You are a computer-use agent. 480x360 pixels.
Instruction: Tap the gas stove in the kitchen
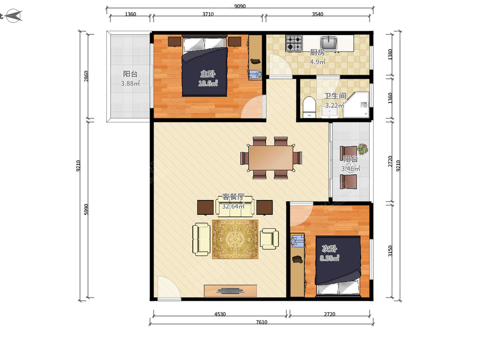point(294,43)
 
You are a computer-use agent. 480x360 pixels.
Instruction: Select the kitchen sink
point(328,43)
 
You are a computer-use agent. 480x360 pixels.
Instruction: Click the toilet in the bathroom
point(309,107)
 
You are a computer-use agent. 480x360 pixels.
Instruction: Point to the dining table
point(271,158)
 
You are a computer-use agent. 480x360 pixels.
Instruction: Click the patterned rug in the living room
point(235,239)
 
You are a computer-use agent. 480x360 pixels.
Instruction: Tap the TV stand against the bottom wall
point(230,290)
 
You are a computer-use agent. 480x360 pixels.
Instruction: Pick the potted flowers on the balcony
point(363,149)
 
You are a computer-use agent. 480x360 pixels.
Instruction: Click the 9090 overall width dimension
point(240,6)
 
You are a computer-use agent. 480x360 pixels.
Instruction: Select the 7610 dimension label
point(262,322)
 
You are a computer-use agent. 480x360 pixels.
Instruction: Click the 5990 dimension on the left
point(86,209)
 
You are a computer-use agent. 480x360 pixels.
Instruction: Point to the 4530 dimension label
point(220,314)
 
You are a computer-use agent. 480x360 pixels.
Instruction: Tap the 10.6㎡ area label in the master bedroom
point(208,83)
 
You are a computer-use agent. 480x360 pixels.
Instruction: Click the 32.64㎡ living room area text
point(233,206)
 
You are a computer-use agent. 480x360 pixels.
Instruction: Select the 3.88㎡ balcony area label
point(130,83)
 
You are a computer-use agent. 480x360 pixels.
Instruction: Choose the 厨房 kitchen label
point(317,52)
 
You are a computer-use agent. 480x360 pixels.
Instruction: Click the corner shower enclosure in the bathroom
point(356,105)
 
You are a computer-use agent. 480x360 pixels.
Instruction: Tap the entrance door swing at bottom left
point(169,287)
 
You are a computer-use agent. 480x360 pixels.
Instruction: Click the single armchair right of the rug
point(269,239)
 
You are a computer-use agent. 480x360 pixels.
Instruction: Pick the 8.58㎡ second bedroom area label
point(330,258)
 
